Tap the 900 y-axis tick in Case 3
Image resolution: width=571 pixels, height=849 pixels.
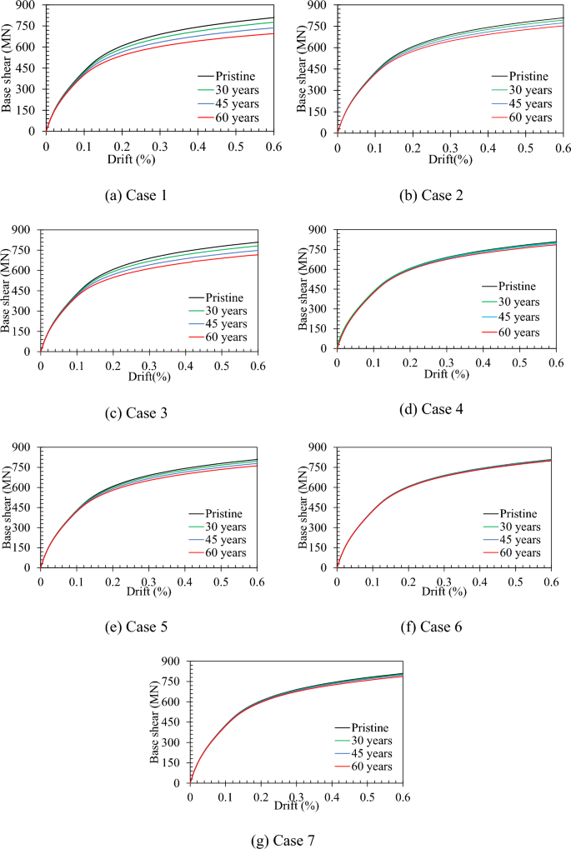tap(24, 230)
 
